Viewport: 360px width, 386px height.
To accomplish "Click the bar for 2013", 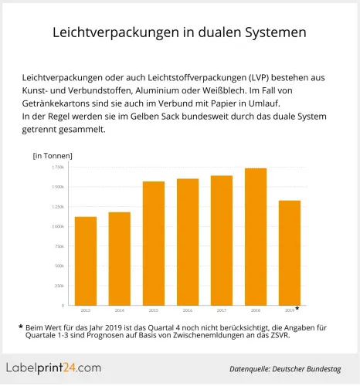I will [x=86, y=261].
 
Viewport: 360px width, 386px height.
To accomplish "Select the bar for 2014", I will [x=120, y=259].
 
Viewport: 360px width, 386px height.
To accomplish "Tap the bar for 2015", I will [x=154, y=243].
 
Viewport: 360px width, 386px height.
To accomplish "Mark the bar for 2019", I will [x=290, y=252].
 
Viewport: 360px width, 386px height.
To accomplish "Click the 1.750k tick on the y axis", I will [x=59, y=168].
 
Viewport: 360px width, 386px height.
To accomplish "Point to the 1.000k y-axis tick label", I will [x=59, y=226].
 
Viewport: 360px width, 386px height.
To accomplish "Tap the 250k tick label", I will [x=60, y=286].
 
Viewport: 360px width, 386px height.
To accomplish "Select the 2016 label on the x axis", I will [x=188, y=310].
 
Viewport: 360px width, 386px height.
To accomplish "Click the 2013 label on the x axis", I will [x=86, y=310].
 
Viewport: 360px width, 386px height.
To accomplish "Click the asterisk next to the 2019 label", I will [x=297, y=309].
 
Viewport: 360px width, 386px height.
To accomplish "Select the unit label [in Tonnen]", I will [x=53, y=156].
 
